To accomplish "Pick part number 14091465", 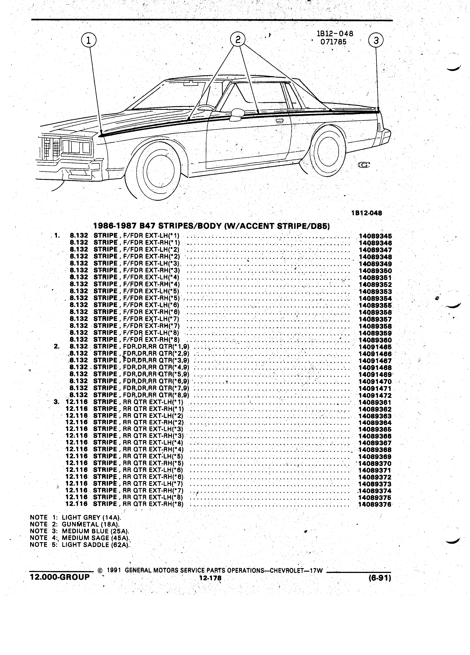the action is tap(375, 347).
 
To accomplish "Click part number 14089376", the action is tap(375, 504).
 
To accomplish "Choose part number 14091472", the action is tap(375, 395).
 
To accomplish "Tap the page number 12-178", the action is tap(210, 578).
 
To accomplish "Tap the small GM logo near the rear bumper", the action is tap(364, 165).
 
